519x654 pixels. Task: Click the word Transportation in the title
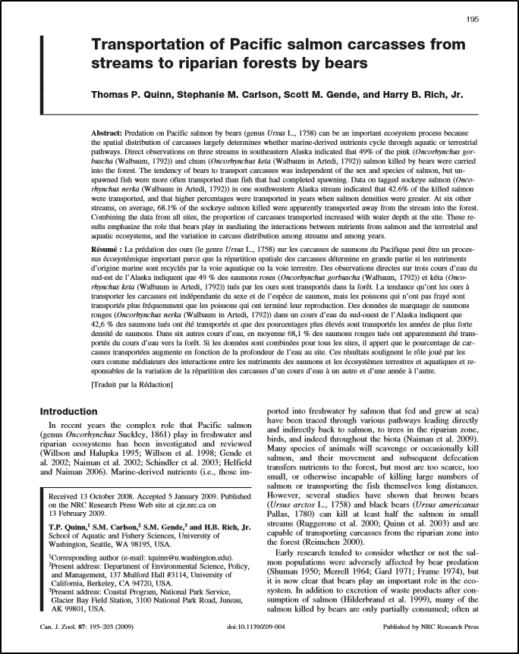coord(150,45)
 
